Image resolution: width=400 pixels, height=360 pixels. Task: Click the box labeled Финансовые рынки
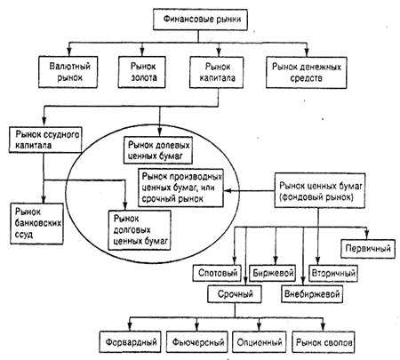tap(200, 20)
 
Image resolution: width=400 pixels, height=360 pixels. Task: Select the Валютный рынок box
tap(68, 72)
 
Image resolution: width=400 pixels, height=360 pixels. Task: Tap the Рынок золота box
tap(142, 72)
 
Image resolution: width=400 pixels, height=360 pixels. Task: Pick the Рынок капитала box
tap(217, 72)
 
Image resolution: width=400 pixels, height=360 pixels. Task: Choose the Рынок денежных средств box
tap(307, 73)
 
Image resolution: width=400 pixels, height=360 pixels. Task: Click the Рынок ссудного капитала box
tap(45, 140)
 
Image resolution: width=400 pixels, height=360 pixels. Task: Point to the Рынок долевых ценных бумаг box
tap(158, 150)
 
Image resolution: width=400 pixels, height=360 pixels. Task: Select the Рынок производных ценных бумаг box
tap(181, 188)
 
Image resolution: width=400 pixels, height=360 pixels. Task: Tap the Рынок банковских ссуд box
tap(36, 224)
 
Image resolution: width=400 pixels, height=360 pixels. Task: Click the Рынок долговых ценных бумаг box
tap(140, 230)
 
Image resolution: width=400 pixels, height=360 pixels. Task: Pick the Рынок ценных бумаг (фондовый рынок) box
tap(320, 190)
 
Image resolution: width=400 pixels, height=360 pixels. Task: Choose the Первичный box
tap(368, 249)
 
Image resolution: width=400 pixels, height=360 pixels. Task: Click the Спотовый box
tap(217, 273)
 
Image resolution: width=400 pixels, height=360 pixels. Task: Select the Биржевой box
tap(273, 273)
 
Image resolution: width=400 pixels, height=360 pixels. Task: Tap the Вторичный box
tap(333, 273)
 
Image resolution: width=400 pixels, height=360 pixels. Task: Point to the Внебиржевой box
tap(312, 294)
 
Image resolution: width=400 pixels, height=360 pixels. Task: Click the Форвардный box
tap(131, 342)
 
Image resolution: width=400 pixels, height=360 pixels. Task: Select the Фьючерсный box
tap(197, 342)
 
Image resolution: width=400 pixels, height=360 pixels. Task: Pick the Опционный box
tap(260, 342)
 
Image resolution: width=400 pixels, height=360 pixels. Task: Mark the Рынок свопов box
tap(324, 342)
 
